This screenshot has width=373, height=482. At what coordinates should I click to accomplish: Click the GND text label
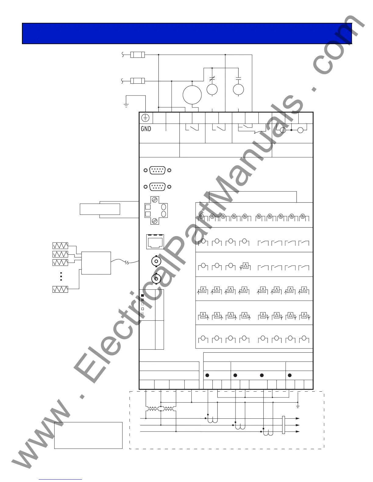[x=146, y=129]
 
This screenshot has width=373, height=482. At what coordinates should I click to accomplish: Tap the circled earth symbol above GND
[x=146, y=118]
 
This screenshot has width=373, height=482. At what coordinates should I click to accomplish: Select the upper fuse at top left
[x=137, y=55]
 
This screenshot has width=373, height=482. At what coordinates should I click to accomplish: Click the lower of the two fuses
[x=137, y=81]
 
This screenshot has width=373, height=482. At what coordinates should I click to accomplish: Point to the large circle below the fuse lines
[x=192, y=94]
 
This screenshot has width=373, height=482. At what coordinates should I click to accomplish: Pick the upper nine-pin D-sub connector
[x=158, y=170]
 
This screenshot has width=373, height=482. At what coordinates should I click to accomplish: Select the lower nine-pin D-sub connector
[x=158, y=187]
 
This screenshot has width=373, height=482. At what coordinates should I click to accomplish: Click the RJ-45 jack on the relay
[x=155, y=242]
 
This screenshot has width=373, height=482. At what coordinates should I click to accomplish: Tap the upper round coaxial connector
[x=156, y=261]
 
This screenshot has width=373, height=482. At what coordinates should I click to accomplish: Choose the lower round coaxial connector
[x=156, y=278]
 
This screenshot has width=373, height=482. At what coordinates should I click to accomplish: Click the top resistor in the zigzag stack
[x=60, y=246]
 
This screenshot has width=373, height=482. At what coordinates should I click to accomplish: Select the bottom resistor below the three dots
[x=60, y=289]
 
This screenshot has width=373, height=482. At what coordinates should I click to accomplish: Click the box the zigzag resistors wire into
[x=96, y=263]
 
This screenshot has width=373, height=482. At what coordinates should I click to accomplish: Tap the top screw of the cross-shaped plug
[x=155, y=200]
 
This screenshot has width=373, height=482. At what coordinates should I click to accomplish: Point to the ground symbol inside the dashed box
[x=298, y=407]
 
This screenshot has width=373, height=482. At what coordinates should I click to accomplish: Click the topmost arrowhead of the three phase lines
[x=297, y=419]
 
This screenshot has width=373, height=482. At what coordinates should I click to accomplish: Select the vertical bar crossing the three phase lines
[x=283, y=425]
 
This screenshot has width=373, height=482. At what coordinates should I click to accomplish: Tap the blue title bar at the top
[x=187, y=33]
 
